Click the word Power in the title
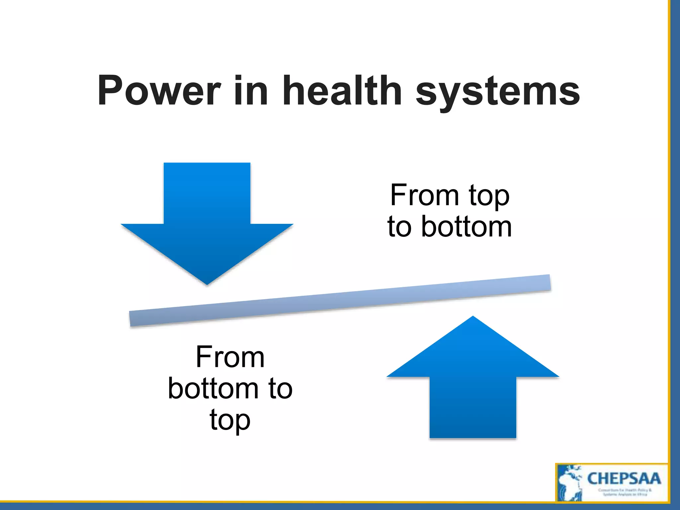[x=159, y=91]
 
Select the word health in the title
[x=342, y=90]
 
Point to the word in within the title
[x=251, y=90]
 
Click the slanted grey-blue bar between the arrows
[x=340, y=300]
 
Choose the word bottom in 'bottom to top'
[x=213, y=388]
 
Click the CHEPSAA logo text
[x=624, y=478]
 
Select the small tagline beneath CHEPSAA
[x=625, y=492]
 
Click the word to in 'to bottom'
[x=399, y=227]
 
